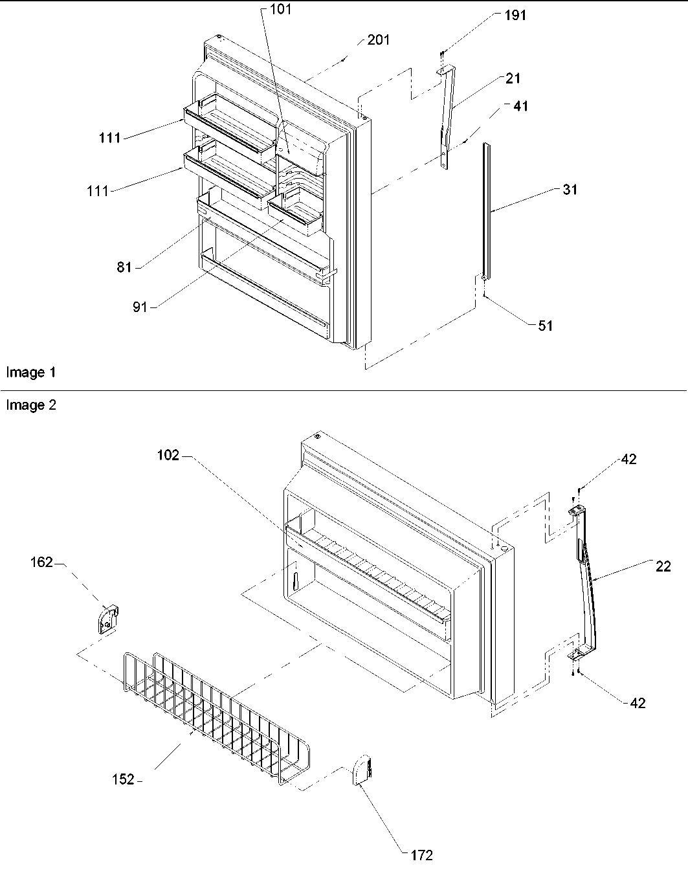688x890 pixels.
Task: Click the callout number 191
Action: click(x=515, y=16)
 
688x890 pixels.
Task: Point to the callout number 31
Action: click(x=570, y=190)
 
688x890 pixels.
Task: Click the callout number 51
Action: click(x=546, y=326)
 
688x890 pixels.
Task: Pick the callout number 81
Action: click(x=124, y=267)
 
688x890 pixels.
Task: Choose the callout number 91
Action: click(x=140, y=307)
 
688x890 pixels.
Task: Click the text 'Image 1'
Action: click(x=31, y=372)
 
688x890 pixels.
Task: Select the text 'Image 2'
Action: click(x=31, y=406)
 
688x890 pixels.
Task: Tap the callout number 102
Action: click(x=168, y=455)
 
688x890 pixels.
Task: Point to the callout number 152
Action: click(x=122, y=780)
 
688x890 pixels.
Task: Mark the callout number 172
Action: click(x=421, y=856)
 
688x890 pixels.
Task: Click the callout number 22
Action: click(x=663, y=566)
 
